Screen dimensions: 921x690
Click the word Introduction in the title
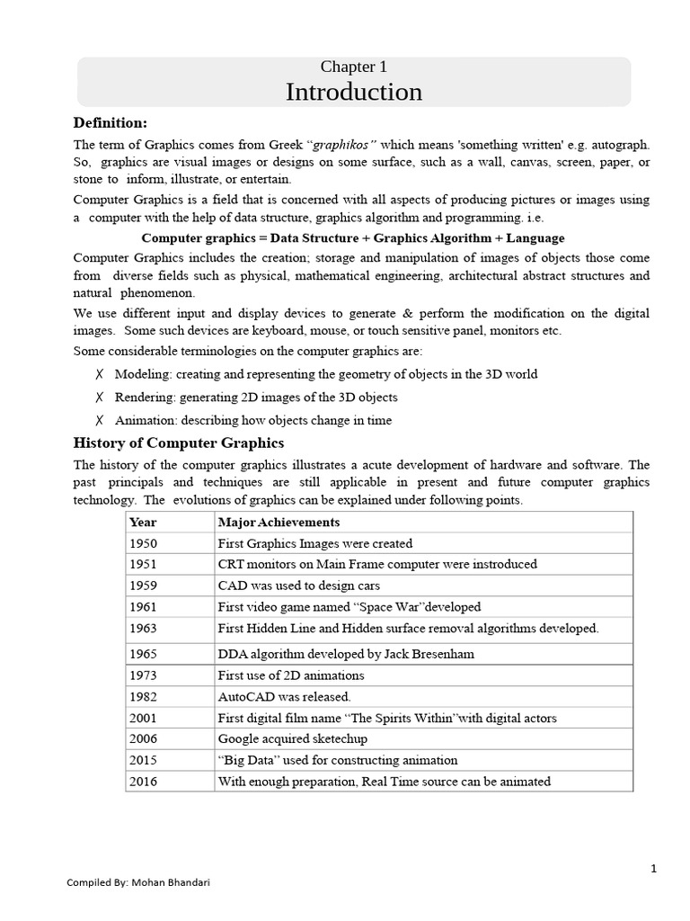tap(353, 93)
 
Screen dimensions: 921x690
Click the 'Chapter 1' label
tap(354, 67)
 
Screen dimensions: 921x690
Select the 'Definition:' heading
tap(110, 122)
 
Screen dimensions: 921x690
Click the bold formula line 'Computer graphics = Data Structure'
tap(353, 238)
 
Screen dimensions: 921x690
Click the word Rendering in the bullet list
tap(144, 397)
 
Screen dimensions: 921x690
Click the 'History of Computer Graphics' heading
tap(178, 443)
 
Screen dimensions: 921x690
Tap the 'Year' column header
tap(143, 522)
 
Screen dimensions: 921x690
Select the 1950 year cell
tap(144, 543)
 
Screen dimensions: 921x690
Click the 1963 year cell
tap(144, 628)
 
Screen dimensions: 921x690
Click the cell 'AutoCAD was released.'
tap(285, 697)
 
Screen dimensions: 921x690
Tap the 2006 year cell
tap(144, 739)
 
